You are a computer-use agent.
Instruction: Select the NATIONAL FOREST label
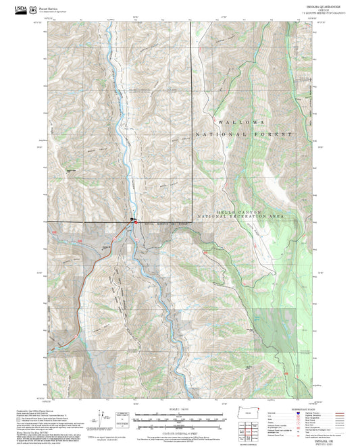pyautogui.click(x=244, y=134)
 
